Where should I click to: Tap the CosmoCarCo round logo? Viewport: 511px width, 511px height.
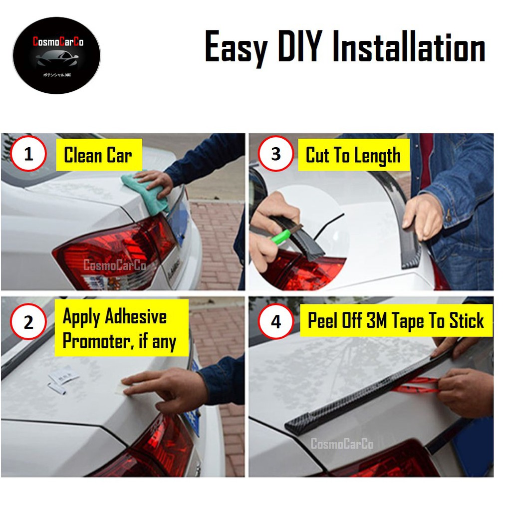(x=56, y=55)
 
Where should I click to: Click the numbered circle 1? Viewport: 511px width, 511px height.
(x=28, y=154)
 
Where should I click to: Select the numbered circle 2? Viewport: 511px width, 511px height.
(x=28, y=322)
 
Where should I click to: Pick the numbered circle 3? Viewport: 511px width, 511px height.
(x=276, y=154)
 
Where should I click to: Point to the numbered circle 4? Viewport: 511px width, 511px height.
(x=276, y=322)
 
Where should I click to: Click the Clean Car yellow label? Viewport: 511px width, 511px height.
(x=98, y=155)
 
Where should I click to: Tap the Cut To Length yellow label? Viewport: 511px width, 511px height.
(x=353, y=155)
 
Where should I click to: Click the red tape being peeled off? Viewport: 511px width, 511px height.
(x=414, y=385)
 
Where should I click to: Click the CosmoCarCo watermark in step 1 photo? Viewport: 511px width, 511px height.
(x=114, y=265)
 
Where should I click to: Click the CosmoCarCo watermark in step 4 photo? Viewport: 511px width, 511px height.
(x=342, y=443)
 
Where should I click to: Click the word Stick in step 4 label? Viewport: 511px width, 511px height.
(x=466, y=321)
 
